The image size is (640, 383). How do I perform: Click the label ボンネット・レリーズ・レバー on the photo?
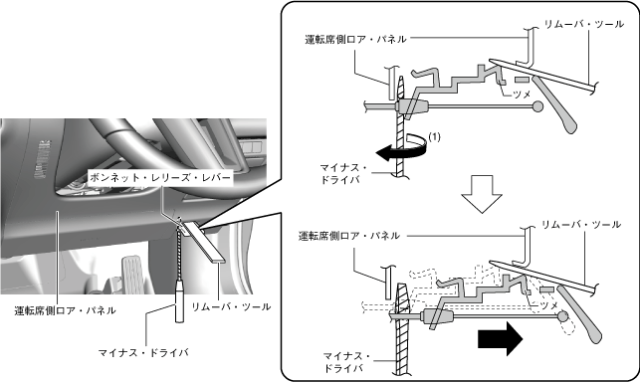point(160,177)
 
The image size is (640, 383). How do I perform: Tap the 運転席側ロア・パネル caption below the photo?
point(66,310)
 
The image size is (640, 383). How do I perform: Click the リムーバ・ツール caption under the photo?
point(231,306)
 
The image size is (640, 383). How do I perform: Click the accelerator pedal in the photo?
point(134,275)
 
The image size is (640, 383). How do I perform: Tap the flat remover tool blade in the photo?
point(203,241)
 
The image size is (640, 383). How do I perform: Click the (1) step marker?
point(435,137)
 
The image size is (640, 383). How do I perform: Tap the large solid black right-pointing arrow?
point(500,338)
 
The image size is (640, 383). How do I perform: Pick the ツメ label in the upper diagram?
point(522,95)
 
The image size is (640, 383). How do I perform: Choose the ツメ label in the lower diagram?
point(548,305)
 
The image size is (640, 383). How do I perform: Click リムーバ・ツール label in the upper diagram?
point(583,25)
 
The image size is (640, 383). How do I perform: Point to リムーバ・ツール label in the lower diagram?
point(581,225)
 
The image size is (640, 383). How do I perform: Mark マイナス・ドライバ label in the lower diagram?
point(346,362)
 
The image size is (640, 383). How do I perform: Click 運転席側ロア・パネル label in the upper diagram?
point(356,39)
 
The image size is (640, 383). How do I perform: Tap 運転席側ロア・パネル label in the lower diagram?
point(349,236)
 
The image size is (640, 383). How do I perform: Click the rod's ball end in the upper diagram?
point(538,106)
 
